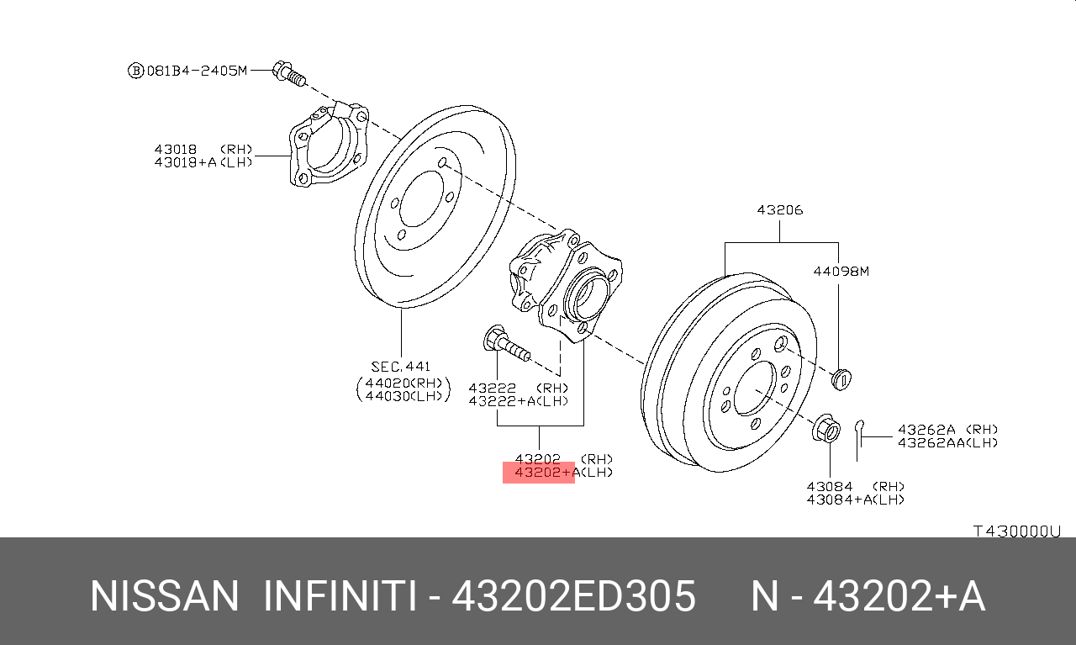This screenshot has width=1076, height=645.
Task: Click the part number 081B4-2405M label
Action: [198, 71]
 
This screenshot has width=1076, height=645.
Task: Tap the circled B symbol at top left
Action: [135, 71]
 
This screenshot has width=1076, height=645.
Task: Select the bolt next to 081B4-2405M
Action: [287, 73]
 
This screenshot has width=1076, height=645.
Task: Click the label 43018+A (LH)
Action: [203, 161]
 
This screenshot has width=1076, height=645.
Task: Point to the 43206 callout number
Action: [779, 210]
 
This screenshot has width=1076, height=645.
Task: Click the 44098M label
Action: [840, 271]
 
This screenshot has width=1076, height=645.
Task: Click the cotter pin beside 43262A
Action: [858, 437]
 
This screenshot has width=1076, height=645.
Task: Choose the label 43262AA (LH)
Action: [947, 442]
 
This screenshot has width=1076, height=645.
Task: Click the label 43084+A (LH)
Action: [855, 499]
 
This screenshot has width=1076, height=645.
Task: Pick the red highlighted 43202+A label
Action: [539, 473]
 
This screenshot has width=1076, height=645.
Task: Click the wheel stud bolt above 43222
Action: [506, 345]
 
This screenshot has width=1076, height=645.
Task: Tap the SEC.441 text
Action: [400, 366]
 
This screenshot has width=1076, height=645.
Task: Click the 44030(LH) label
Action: [403, 396]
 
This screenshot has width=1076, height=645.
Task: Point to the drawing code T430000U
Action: [1017, 531]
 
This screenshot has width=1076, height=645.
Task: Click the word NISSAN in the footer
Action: [165, 597]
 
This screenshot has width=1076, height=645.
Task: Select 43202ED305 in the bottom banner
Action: [573, 597]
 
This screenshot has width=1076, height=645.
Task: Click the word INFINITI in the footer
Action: [339, 597]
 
